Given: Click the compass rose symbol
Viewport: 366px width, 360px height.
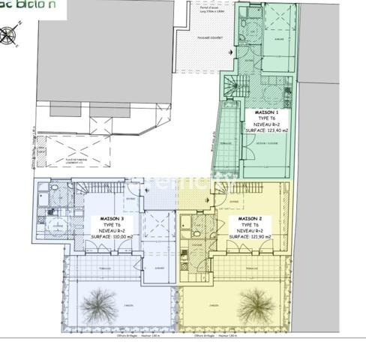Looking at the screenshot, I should click(9, 33).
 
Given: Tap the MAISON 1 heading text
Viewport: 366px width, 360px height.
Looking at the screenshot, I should click(261, 112).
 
